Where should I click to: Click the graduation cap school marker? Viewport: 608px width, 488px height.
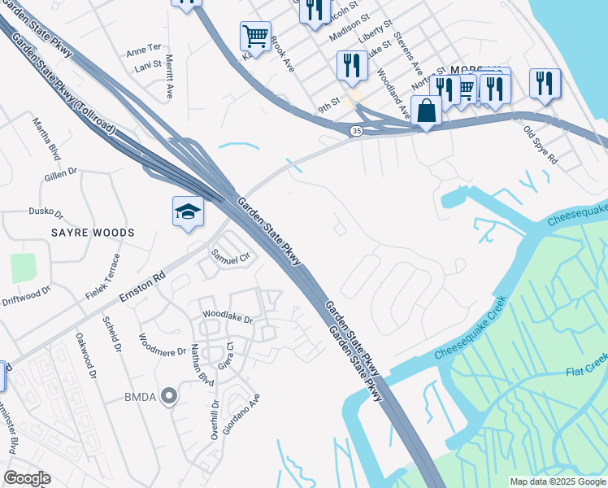click(188, 212)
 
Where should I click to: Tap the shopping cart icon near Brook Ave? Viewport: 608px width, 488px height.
click(255, 37)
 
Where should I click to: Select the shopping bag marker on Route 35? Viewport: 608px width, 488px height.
click(426, 111)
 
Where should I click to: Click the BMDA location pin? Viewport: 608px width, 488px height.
click(169, 397)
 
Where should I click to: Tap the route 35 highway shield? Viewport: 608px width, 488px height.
click(356, 131)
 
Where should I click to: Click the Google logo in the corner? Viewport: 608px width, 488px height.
click(27, 478)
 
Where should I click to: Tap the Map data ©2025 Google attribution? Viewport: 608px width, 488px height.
click(557, 481)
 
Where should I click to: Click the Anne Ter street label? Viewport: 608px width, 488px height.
click(144, 51)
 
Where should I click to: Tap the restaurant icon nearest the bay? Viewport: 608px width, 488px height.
click(545, 83)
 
